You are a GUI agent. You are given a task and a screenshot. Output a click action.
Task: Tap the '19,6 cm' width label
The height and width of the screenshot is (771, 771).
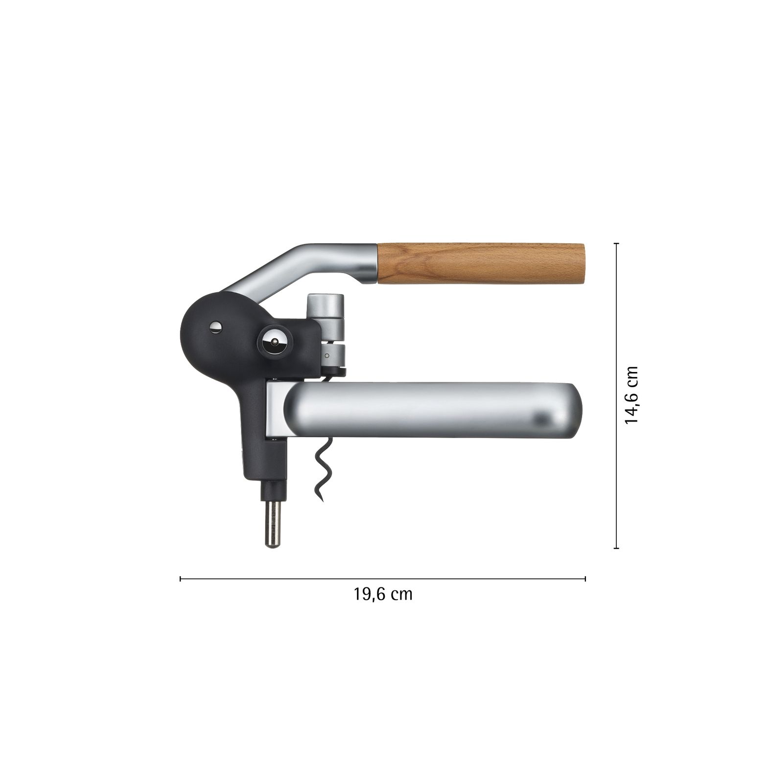click(x=383, y=594)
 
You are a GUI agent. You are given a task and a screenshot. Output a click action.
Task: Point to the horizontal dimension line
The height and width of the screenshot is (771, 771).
click(x=383, y=579)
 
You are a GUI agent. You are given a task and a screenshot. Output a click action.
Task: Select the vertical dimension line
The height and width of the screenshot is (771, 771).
click(x=616, y=395)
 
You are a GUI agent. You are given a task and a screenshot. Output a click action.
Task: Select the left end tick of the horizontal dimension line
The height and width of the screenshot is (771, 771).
click(x=181, y=579)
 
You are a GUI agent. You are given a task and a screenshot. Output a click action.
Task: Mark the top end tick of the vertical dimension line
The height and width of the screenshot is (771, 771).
click(x=616, y=243)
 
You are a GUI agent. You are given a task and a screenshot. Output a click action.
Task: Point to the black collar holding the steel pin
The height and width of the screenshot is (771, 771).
click(x=273, y=490)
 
